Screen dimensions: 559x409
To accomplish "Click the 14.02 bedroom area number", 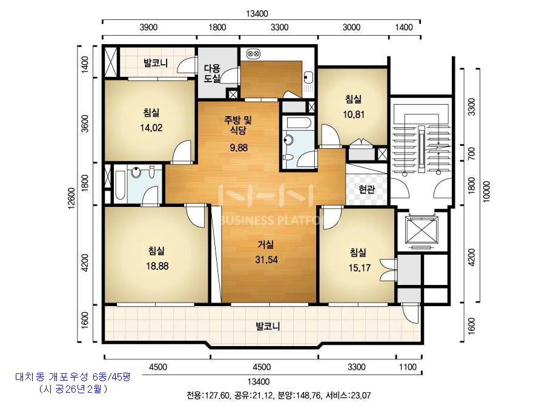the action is tap(151, 128).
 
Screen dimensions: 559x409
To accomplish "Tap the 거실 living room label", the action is tap(266, 244).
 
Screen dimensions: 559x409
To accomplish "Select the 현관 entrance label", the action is tap(367, 189).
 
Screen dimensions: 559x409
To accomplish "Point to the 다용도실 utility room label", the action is tap(212, 73).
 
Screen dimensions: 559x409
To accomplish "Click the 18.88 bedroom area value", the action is tap(157, 266).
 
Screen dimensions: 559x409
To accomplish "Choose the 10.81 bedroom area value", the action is tap(354, 114).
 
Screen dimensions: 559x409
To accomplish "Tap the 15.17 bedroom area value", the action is tap(359, 268).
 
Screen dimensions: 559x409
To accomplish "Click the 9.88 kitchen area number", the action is tap(239, 148).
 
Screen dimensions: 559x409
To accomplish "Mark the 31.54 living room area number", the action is tap(266, 260).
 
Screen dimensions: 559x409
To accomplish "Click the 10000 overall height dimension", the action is tap(487, 191).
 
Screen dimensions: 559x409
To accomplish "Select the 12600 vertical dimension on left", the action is tap(71, 198).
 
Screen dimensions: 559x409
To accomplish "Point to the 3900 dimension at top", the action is tap(148, 27).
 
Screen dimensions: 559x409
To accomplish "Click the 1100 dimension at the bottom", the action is tap(408, 367).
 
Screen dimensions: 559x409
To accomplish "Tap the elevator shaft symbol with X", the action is tap(422, 230).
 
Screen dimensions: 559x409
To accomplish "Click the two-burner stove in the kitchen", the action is tap(254, 54).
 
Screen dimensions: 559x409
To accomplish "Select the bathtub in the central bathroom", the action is tap(299, 123).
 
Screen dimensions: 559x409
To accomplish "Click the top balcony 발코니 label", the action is tap(156, 63).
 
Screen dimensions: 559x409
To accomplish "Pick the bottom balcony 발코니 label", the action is tap(268, 326).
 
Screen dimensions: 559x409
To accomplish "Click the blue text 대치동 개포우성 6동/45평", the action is tap(73, 376).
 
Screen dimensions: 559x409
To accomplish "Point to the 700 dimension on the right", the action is tap(471, 154).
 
